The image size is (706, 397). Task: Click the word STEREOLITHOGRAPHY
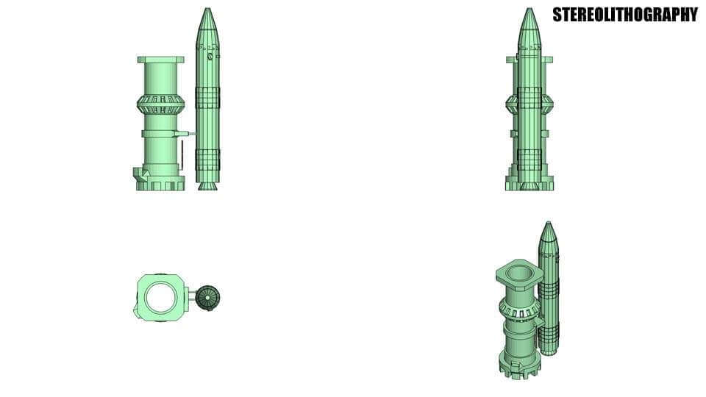coord(624,15)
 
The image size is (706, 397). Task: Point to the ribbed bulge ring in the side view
coord(160,104)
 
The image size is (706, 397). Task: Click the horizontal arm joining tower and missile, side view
coord(184,133)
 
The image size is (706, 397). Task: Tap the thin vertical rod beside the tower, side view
coord(181,154)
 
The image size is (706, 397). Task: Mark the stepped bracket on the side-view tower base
coord(141,174)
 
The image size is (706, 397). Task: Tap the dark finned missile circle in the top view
coord(209,298)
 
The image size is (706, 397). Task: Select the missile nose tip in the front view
coord(528,10)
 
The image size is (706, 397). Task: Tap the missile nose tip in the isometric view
coord(547,224)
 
